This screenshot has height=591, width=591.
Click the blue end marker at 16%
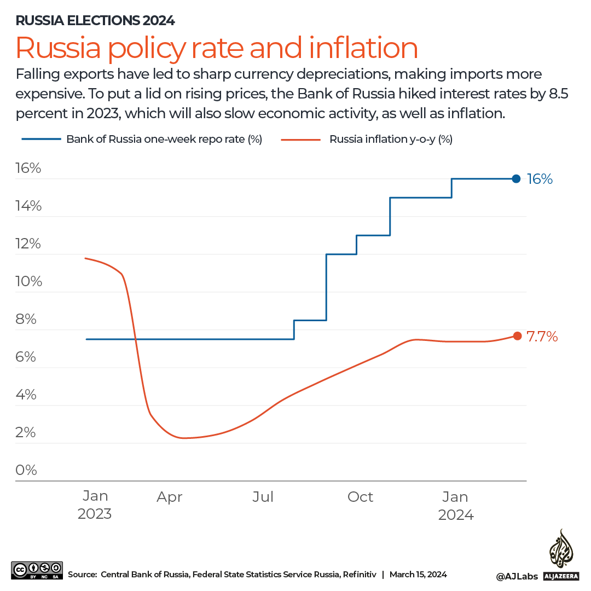click(x=516, y=178)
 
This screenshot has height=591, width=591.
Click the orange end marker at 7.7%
click(x=517, y=336)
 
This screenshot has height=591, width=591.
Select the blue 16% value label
click(x=540, y=179)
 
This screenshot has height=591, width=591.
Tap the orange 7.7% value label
click(x=542, y=337)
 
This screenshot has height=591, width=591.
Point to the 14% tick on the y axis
click(x=28, y=206)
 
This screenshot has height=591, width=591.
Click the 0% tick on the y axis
click(x=26, y=470)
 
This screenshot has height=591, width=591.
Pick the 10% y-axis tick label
click(x=28, y=281)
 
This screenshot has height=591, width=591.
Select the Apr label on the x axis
click(x=169, y=497)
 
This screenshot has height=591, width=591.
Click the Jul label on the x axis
click(x=263, y=497)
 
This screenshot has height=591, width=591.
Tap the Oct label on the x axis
click(x=360, y=497)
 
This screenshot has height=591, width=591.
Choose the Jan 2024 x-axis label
click(x=455, y=506)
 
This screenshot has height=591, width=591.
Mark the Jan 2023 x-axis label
click(x=95, y=505)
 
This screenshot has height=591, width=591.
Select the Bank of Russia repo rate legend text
click(x=164, y=140)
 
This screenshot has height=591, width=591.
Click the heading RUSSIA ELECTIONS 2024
click(x=95, y=21)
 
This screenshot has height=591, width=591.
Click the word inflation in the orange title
click(x=363, y=48)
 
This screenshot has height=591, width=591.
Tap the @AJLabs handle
click(x=517, y=576)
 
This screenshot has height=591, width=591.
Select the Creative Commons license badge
click(x=37, y=570)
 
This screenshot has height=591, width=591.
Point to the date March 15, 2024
click(x=418, y=574)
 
